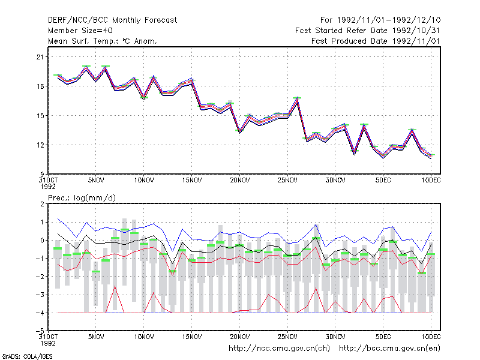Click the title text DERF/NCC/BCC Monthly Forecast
click(112, 20)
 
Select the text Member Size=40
click(80, 31)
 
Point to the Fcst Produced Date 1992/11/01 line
click(376, 41)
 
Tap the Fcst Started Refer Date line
click(368, 31)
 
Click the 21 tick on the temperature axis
click(40, 57)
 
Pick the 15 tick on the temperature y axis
click(40, 116)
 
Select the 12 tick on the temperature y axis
click(40, 145)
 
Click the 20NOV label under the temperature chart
click(239, 181)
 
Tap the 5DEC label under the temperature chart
click(383, 181)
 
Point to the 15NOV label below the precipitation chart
click(192, 337)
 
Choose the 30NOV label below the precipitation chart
click(335, 337)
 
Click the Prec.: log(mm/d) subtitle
click(82, 198)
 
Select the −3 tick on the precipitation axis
click(40, 295)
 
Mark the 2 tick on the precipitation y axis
click(42, 204)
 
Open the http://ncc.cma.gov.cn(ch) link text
click(279, 349)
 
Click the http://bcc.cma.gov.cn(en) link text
click(389, 349)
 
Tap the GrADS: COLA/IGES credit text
click(27, 356)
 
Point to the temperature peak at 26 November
click(297, 98)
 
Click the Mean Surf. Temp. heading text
click(103, 41)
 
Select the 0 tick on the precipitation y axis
click(42, 241)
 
